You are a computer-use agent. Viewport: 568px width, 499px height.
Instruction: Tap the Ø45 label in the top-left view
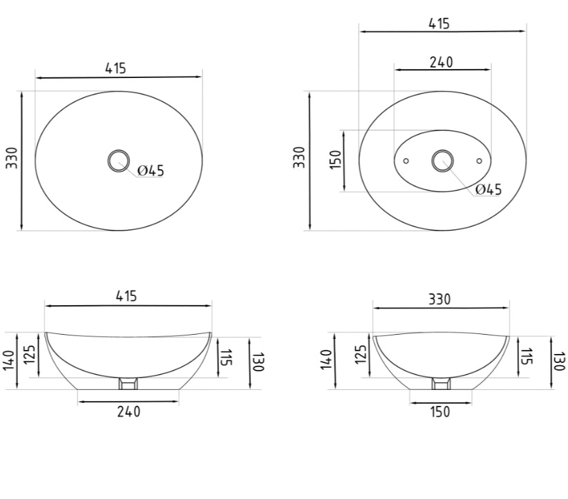151,170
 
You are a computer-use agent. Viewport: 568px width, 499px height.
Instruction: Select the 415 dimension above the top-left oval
116,68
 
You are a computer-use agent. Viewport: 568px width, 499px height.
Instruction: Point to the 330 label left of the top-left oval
12,158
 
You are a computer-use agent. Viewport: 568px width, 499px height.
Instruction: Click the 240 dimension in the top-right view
442,63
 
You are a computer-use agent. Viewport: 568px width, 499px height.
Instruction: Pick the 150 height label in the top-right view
336,159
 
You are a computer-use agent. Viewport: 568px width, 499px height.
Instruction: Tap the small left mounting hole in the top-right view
406,161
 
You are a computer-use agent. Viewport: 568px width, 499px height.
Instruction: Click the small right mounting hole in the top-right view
480,161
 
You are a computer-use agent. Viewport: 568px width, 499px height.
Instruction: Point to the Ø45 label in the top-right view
489,189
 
